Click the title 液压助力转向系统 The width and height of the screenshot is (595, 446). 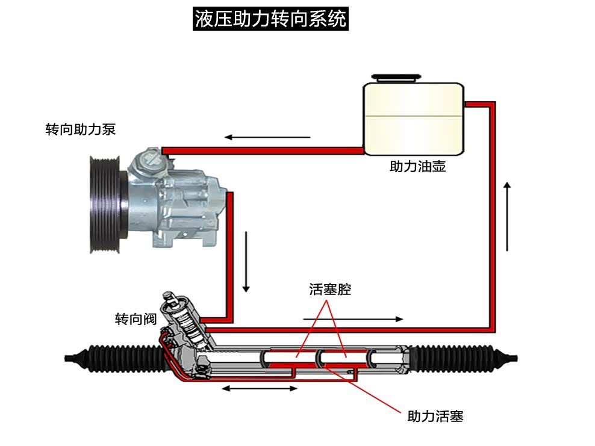tap(270, 19)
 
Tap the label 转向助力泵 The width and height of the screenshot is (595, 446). tap(80, 129)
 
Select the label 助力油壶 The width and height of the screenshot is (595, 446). tap(417, 167)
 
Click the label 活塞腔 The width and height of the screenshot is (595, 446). tap(329, 290)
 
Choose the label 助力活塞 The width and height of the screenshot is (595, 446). tap(435, 416)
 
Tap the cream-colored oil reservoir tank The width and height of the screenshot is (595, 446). tap(413, 118)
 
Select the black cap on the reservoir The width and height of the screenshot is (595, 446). tap(394, 77)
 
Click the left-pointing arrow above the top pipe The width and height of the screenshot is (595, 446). tap(268, 137)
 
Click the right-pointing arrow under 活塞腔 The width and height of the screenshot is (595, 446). tap(353, 318)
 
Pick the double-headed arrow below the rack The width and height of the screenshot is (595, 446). tap(260, 389)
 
